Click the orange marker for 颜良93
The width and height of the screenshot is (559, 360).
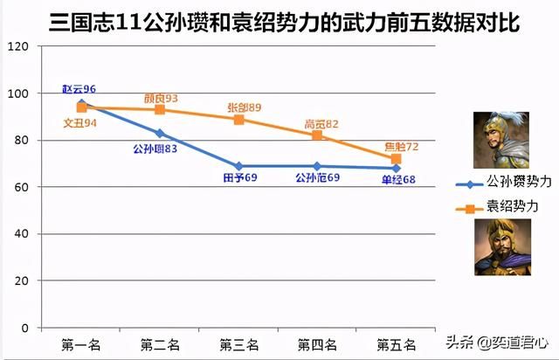click(x=160, y=109)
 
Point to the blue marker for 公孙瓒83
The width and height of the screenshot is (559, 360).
click(x=160, y=133)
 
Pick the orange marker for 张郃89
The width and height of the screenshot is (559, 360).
click(x=238, y=119)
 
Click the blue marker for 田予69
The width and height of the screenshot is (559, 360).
click(x=238, y=166)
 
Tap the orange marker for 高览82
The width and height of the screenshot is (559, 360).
click(x=317, y=135)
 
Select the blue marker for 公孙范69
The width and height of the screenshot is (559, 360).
click(x=317, y=166)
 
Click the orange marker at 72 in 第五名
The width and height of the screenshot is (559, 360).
click(x=396, y=158)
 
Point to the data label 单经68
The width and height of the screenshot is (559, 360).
click(x=398, y=179)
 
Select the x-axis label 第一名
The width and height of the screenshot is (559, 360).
click(x=81, y=344)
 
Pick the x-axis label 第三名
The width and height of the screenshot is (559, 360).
click(x=238, y=344)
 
